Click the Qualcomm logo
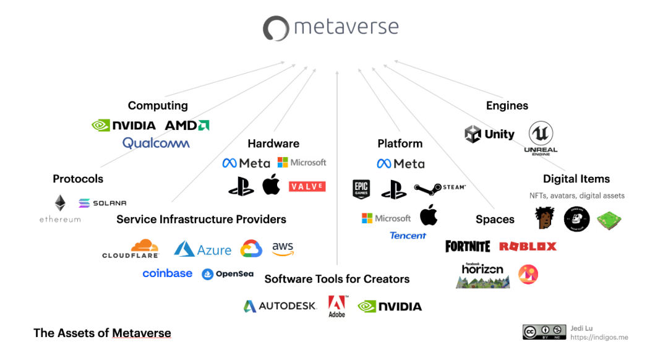click(x=156, y=143)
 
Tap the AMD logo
click(x=187, y=125)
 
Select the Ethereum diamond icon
click(x=60, y=203)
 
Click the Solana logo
click(x=102, y=203)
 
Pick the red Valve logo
click(x=307, y=186)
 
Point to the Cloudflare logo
click(x=131, y=249)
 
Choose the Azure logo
click(x=202, y=249)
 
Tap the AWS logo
click(x=283, y=249)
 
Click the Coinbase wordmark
click(x=167, y=273)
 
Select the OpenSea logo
click(x=228, y=274)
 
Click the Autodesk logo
click(x=280, y=306)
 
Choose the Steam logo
click(x=439, y=188)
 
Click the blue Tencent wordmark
click(x=408, y=236)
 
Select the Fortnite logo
click(x=468, y=246)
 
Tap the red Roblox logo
click(x=528, y=246)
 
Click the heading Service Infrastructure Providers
click(x=201, y=220)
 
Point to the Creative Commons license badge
click(x=544, y=332)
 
